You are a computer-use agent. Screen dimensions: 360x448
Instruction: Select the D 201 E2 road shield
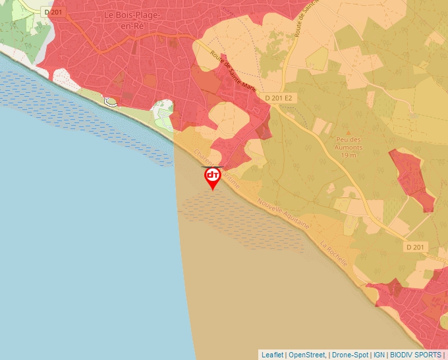(x=278, y=98)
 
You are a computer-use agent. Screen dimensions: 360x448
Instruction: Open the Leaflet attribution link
(x=272, y=355)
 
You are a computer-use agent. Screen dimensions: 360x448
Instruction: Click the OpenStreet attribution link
(x=307, y=355)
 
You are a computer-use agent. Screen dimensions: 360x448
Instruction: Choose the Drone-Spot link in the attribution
(x=350, y=355)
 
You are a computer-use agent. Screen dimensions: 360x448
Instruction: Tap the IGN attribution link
(x=379, y=355)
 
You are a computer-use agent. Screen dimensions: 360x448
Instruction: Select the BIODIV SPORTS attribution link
(x=416, y=355)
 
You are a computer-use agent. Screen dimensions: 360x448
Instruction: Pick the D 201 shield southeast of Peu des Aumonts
(x=416, y=247)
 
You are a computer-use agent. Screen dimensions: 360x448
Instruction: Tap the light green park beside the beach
(x=162, y=111)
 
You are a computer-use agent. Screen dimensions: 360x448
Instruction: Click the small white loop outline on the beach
(x=111, y=101)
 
